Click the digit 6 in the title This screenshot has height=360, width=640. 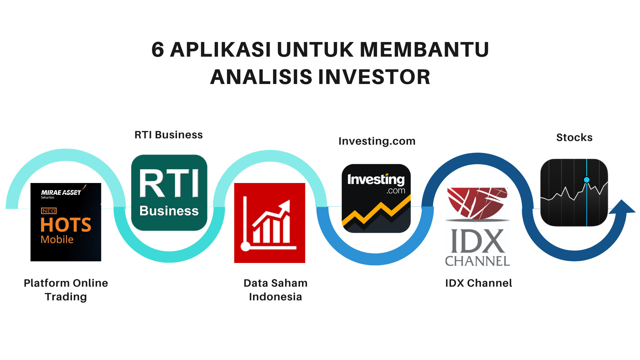(158, 50)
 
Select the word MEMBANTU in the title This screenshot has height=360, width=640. (424, 50)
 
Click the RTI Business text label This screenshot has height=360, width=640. (168, 135)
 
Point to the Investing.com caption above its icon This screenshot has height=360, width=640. (377, 141)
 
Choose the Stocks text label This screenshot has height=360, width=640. (574, 137)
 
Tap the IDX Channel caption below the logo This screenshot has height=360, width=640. (478, 283)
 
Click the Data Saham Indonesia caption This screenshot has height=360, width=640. (275, 290)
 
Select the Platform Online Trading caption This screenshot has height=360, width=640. (66, 290)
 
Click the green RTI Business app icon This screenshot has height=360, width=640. (169, 193)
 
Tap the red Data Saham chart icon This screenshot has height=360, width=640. (270, 223)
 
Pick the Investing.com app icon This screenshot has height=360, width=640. (376, 198)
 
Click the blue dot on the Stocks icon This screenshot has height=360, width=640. (587, 180)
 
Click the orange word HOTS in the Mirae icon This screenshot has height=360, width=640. (66, 225)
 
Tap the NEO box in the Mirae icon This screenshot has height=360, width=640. (49, 211)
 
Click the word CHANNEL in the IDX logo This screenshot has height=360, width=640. (477, 261)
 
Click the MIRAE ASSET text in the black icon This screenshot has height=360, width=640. (61, 192)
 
